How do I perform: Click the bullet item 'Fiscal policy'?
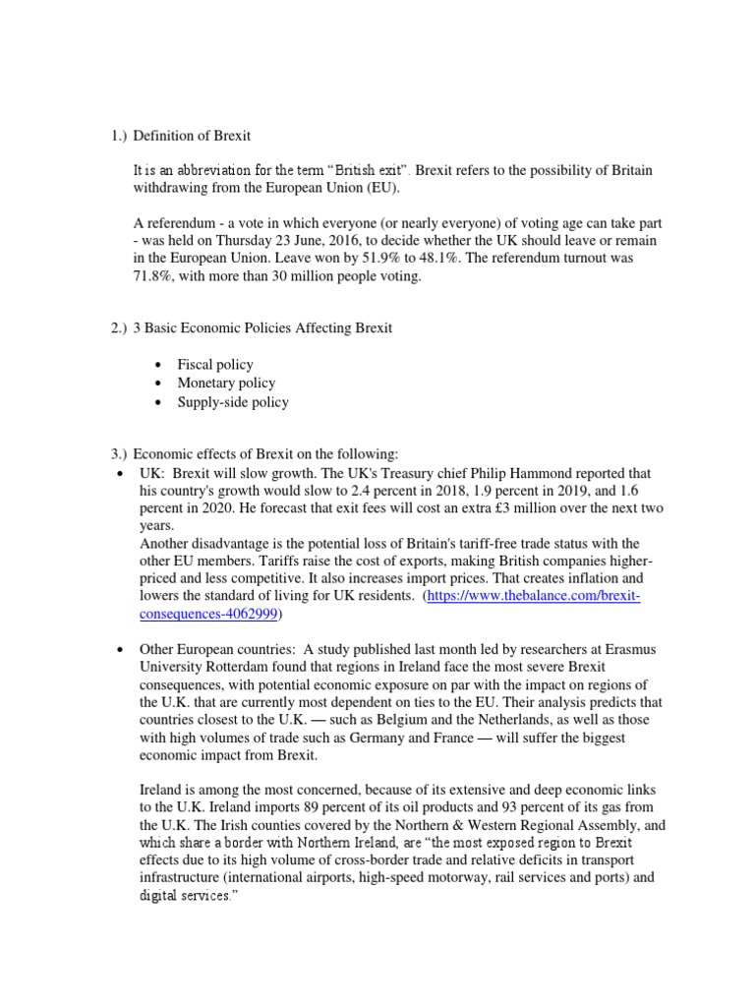pyautogui.click(x=215, y=365)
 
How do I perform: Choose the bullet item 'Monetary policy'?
pyautogui.click(x=226, y=384)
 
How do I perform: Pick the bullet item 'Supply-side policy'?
pyautogui.click(x=233, y=402)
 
